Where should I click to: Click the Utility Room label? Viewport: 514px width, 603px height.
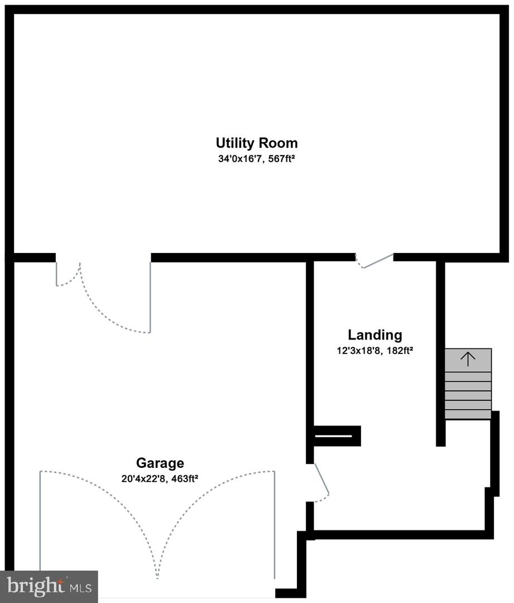click(257, 142)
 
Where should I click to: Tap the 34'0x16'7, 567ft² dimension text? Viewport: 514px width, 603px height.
click(257, 159)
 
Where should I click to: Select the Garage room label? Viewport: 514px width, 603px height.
click(160, 463)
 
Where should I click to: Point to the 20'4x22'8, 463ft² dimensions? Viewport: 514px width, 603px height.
click(160, 478)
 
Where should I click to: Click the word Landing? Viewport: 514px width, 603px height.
click(374, 335)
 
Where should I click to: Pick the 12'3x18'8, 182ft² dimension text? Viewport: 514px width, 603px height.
click(374, 351)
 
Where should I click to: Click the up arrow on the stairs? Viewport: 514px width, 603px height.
click(468, 358)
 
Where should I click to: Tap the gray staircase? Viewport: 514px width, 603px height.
click(468, 384)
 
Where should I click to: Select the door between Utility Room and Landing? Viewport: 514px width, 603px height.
click(375, 261)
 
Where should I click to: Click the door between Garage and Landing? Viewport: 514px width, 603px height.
click(320, 482)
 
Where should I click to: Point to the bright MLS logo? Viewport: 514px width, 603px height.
click(49, 586)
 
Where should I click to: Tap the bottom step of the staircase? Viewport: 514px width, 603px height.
click(468, 414)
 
